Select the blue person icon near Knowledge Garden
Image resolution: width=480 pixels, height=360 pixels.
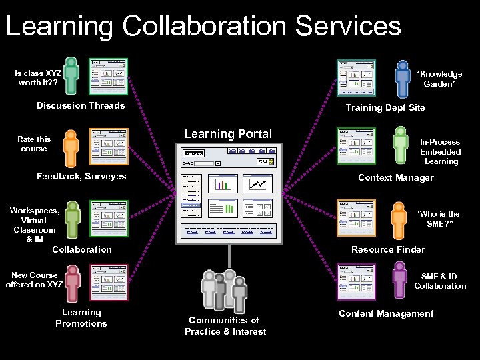point(402,79)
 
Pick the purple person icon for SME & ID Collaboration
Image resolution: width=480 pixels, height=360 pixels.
point(399,281)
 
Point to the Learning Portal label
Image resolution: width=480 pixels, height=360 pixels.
point(227,134)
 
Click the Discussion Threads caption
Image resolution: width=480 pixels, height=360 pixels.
point(81,105)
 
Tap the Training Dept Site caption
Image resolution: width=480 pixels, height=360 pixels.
point(385,107)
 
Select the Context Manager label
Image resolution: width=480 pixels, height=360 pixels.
point(395,177)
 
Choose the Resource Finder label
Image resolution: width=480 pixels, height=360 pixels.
point(388,249)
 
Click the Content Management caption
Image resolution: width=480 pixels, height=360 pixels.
point(386,313)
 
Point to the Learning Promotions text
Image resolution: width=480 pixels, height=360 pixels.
point(81,318)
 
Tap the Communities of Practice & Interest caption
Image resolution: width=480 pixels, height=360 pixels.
point(225,326)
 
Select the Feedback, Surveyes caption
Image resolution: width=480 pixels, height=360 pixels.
point(81,176)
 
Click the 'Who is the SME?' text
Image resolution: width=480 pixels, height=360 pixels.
point(438,219)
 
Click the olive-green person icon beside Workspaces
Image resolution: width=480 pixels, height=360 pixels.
point(72,218)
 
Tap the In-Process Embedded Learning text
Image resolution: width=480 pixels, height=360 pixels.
point(440,151)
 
